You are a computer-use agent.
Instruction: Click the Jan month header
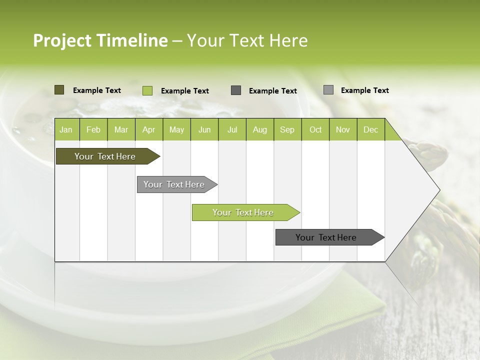pyautogui.click(x=66, y=130)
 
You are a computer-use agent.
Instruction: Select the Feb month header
pyautogui.click(x=93, y=130)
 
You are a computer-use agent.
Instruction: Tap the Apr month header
pyautogui.click(x=149, y=130)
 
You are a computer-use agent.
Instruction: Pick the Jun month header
pyautogui.click(x=204, y=130)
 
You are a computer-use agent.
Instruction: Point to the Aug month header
pyautogui.click(x=260, y=130)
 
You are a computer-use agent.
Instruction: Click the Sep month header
pyautogui.click(x=287, y=130)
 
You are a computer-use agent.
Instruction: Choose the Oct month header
pyautogui.click(x=315, y=130)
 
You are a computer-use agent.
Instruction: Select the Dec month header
pyautogui.click(x=371, y=130)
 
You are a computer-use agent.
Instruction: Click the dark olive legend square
pyautogui.click(x=59, y=90)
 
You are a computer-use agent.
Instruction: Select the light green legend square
pyautogui.click(x=147, y=90)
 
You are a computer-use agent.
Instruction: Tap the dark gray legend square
pyautogui.click(x=236, y=90)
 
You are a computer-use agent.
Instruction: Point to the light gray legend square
pyautogui.click(x=328, y=90)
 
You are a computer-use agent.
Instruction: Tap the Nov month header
pyautogui.click(x=343, y=130)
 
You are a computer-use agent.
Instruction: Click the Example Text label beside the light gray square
pyautogui.click(x=364, y=90)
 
